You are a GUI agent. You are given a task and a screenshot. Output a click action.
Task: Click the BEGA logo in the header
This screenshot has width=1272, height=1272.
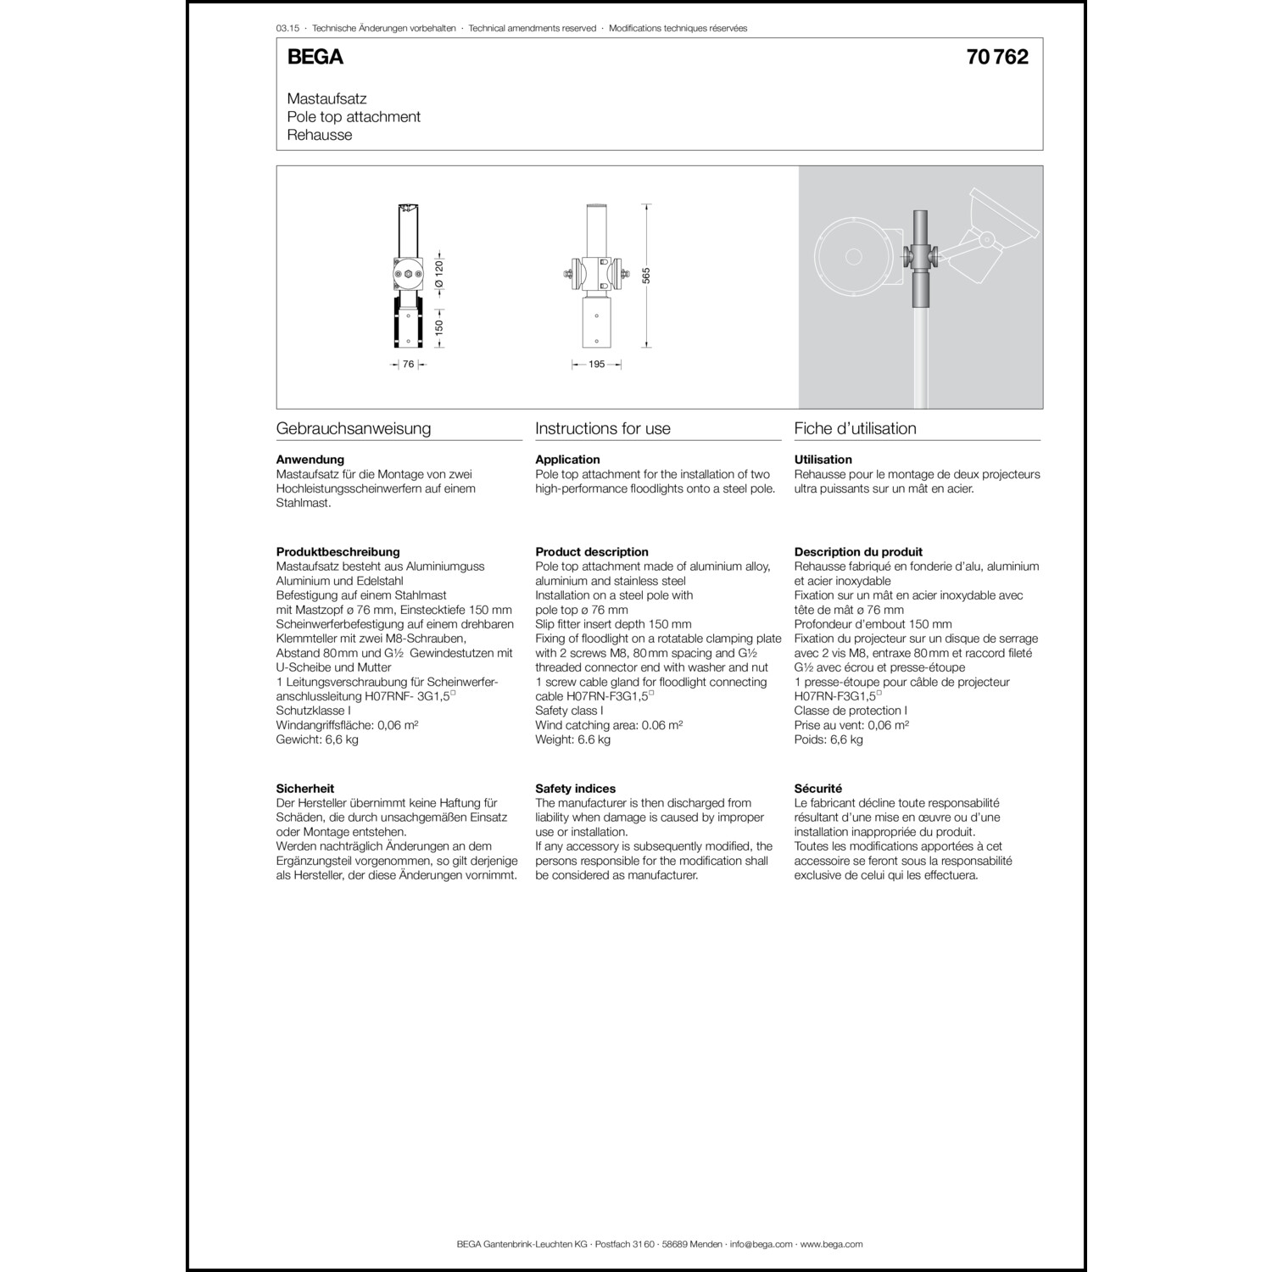(x=315, y=57)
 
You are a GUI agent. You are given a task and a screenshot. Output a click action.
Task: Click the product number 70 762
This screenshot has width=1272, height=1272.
(x=997, y=57)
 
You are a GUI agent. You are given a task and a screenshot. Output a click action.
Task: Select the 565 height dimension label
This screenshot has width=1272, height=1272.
(x=646, y=275)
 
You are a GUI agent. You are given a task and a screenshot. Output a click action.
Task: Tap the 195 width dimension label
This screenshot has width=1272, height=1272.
(x=596, y=365)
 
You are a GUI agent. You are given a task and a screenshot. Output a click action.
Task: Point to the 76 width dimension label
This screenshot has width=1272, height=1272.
(x=408, y=365)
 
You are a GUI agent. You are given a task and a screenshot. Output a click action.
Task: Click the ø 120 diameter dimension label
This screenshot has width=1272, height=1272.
(x=439, y=275)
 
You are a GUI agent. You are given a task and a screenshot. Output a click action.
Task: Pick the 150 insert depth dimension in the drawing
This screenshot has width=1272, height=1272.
(x=439, y=327)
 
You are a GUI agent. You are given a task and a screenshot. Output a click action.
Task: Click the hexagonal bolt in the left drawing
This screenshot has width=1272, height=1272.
(x=408, y=274)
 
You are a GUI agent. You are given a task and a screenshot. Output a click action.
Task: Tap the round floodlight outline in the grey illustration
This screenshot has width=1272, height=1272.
(x=853, y=256)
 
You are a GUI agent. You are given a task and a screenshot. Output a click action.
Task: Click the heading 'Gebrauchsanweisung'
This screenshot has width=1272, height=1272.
(x=354, y=429)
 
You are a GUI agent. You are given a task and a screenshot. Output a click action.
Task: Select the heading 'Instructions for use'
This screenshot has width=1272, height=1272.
(x=603, y=429)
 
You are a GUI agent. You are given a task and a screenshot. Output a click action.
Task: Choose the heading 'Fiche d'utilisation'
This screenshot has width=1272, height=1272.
(x=855, y=429)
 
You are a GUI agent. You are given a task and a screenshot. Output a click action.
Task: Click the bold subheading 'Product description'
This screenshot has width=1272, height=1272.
(x=592, y=552)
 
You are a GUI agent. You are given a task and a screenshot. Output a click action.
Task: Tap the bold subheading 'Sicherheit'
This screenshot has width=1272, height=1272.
(x=305, y=789)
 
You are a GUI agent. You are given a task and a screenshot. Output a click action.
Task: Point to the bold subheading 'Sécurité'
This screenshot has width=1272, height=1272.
(x=818, y=789)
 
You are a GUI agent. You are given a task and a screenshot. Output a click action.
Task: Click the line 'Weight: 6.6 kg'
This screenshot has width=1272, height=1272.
(x=572, y=739)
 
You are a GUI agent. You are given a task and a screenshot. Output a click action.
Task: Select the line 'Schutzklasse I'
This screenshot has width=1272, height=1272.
(x=314, y=711)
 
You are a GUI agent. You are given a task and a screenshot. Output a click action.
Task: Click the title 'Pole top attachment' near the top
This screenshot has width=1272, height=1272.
(x=354, y=117)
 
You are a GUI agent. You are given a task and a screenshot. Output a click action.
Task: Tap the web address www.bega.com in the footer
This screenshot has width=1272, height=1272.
(x=831, y=1244)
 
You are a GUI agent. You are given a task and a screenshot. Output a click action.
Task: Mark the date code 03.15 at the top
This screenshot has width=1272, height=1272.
(x=287, y=28)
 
